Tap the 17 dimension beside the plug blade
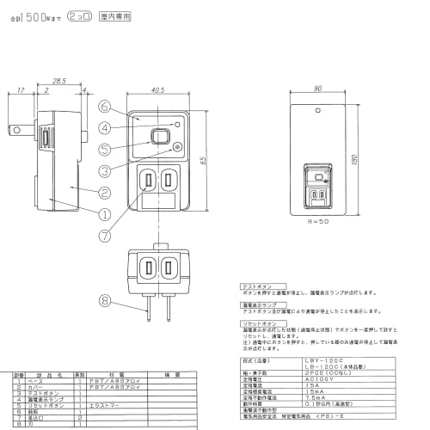(19, 89)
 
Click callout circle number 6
(103, 107)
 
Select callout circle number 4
(103, 128)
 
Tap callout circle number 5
(103, 147)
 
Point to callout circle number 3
(103, 169)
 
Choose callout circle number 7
(103, 235)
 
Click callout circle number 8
(103, 301)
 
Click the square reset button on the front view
(157, 136)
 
